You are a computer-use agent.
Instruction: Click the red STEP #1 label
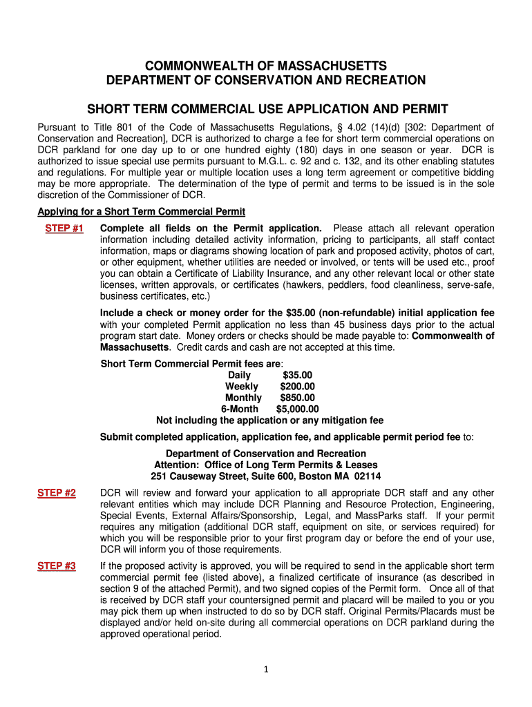coord(64,229)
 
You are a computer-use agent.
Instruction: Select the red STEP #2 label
coord(57,493)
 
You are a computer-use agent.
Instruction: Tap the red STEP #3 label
coord(57,566)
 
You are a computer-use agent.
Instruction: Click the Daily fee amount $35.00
coord(298,375)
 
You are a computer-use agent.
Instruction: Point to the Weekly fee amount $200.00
coord(298,387)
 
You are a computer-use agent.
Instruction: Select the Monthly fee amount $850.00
coord(297,398)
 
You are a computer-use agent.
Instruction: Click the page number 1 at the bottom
coord(266,668)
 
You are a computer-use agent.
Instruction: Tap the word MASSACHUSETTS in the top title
coord(332,66)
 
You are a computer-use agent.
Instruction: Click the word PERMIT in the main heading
coord(422,109)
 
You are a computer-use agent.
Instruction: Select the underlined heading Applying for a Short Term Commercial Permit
coord(141,211)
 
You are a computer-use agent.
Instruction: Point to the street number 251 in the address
coord(159,476)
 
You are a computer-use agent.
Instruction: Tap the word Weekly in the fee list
coord(241,387)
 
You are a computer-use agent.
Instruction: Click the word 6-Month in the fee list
coord(239,409)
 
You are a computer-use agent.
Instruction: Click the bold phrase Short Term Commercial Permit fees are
coord(191,364)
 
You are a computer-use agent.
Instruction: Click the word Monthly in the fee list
coord(243,398)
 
